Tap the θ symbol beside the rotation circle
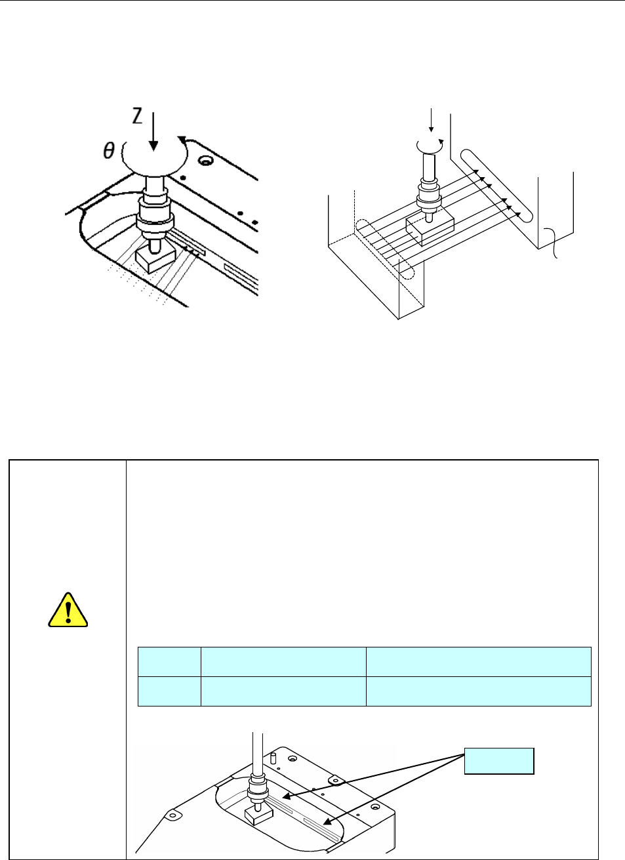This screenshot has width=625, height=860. pos(109,151)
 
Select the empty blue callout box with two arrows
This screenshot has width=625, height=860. pos(499,760)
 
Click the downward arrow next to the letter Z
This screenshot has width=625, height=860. pos(153,131)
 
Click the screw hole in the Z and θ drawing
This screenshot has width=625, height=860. pos(207,161)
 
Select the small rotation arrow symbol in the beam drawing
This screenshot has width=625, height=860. pos(432,144)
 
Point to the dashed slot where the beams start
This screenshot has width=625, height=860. pos(384,249)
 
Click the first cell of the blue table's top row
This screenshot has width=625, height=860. pos(169,662)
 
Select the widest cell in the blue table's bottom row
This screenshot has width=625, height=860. pos(478,691)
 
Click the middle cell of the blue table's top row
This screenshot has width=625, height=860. pos(283,662)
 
